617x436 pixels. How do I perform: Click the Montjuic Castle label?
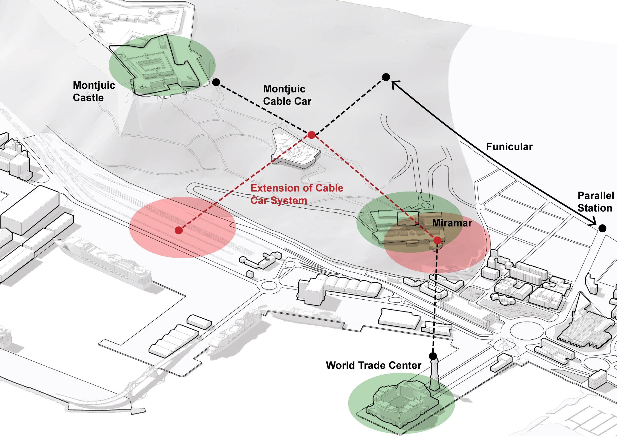[x=94, y=91]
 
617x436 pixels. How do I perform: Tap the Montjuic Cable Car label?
[x=287, y=95]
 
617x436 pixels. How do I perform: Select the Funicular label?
[x=509, y=147]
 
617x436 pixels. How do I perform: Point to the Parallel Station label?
[x=596, y=202]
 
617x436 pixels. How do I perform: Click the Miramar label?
[x=452, y=223]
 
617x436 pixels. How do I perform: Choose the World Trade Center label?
[x=373, y=365]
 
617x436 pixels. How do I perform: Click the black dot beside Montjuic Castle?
[x=216, y=82]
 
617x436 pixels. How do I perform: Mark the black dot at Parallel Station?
[x=602, y=228]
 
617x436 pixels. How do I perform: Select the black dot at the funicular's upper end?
[x=386, y=77]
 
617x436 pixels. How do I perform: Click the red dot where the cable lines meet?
[x=311, y=135]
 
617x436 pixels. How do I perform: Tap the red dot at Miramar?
[x=437, y=240]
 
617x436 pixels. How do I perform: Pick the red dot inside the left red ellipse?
[x=179, y=230]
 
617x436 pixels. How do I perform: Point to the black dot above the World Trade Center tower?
[x=433, y=357]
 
